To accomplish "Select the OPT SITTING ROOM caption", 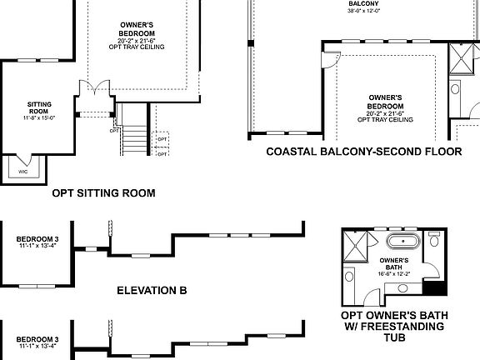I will point(103,193).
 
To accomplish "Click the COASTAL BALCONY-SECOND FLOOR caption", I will point(363,152).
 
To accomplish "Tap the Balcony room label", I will point(364,3).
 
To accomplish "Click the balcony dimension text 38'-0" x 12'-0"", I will point(364,12).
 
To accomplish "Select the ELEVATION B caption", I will point(152,292).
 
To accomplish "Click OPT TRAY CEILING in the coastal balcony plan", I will point(385,120).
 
